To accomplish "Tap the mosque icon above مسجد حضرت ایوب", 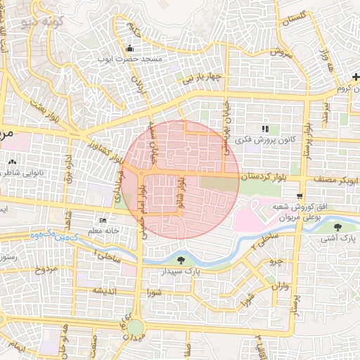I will point(129,49).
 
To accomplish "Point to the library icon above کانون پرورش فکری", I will point(265,129).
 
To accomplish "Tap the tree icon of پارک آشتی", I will point(338,227).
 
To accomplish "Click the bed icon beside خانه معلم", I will point(104,220).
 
